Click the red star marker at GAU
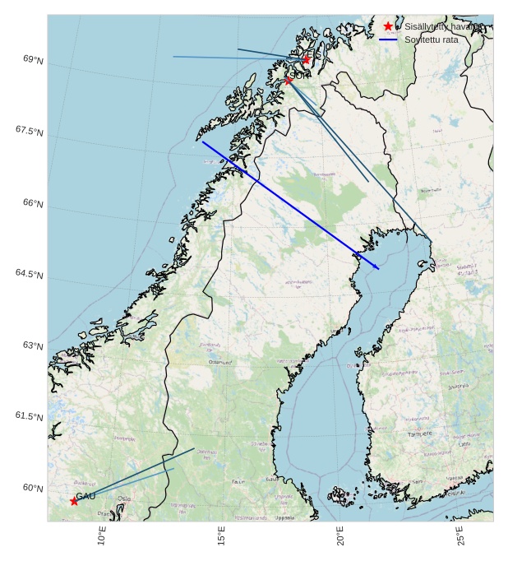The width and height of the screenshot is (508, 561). [74, 501]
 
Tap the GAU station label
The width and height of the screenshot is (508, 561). [85, 496]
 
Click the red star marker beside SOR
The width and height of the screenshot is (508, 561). [289, 80]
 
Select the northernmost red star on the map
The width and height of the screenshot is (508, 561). [306, 59]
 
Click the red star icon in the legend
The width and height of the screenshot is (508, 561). [388, 26]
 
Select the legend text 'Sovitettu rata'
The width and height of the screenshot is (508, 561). [431, 39]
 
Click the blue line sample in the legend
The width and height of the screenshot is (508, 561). [388, 39]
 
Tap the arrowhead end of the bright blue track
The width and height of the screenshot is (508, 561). [378, 268]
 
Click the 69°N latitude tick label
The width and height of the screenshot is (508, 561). [34, 60]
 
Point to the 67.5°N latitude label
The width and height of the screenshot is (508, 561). [29, 130]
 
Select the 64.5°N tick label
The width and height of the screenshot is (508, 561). [29, 273]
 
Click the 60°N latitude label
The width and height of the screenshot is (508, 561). [33, 488]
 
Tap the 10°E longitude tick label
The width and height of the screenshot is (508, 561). [102, 536]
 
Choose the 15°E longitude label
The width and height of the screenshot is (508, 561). [221, 536]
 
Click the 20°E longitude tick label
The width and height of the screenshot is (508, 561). [340, 536]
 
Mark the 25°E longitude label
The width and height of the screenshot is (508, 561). [460, 536]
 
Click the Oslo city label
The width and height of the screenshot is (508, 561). [123, 498]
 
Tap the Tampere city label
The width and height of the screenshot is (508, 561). [419, 433]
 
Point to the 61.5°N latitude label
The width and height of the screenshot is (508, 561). [29, 416]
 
